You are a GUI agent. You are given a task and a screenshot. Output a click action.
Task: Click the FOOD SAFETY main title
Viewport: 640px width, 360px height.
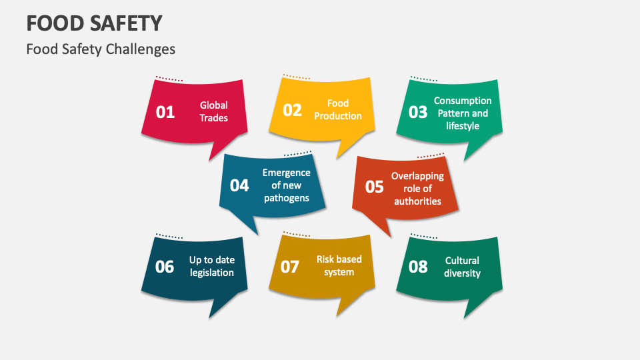(x=94, y=23)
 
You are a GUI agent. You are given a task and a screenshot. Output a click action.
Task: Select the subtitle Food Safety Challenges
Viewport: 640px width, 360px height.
(x=101, y=49)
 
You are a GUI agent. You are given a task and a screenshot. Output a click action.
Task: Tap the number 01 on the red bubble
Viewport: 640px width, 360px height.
(x=165, y=112)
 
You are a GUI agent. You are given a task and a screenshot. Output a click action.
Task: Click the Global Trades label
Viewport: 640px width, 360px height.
(x=213, y=111)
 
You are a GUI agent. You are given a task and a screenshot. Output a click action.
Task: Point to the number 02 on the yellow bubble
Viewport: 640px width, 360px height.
(x=293, y=110)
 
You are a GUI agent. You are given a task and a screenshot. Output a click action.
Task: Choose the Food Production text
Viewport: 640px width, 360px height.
(x=338, y=109)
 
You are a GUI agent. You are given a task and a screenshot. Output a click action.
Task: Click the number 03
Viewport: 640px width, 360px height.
(x=418, y=112)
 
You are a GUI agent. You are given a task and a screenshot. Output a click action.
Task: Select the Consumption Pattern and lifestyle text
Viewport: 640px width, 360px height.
(x=463, y=113)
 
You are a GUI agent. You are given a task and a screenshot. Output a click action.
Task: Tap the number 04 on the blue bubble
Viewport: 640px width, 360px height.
(x=239, y=185)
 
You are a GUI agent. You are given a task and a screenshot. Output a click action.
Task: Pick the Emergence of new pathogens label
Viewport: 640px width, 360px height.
(x=286, y=185)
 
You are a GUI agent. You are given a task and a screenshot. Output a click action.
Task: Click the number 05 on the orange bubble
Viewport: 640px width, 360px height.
(x=375, y=187)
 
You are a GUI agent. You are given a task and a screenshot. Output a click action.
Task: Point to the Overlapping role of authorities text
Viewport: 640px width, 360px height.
(x=417, y=189)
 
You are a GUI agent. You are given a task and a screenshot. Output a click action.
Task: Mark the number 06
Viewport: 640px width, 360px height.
(x=165, y=267)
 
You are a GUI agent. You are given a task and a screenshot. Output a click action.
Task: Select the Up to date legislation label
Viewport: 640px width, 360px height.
(x=212, y=266)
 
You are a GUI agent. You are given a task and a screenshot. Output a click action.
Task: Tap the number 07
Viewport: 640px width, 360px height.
(x=290, y=267)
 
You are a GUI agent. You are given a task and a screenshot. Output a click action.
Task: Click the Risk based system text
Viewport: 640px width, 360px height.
(x=339, y=265)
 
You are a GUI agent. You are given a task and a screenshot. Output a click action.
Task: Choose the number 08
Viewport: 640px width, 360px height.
(x=418, y=267)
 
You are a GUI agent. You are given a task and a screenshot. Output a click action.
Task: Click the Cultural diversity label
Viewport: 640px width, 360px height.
(x=462, y=267)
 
